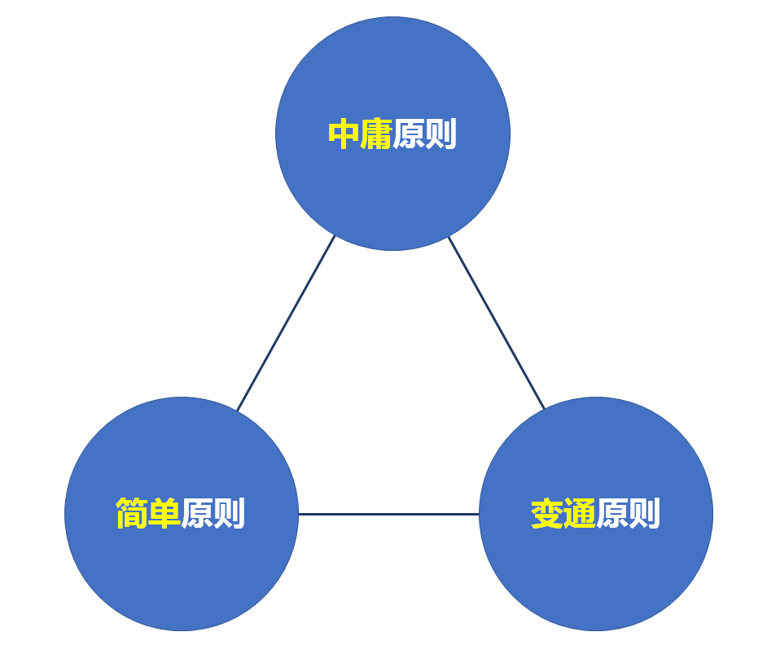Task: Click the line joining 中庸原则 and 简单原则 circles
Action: [x=286, y=323]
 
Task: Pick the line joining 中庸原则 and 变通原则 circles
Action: [x=497, y=323]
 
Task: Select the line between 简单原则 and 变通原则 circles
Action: [x=388, y=515]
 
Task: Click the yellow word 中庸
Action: [x=360, y=134]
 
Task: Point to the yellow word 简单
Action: [x=148, y=514]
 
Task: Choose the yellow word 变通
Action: [x=563, y=514]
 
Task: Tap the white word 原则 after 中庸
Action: [x=424, y=134]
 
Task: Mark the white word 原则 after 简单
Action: [x=213, y=514]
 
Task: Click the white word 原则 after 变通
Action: [x=628, y=514]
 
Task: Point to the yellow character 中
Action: [x=344, y=134]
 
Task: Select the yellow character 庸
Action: [x=376, y=134]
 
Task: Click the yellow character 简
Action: [x=132, y=514]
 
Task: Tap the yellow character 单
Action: [x=164, y=514]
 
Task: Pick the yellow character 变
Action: [x=547, y=514]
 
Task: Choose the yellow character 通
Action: [x=580, y=514]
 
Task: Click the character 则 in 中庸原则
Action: [x=440, y=134]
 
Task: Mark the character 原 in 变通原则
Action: [x=611, y=514]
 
